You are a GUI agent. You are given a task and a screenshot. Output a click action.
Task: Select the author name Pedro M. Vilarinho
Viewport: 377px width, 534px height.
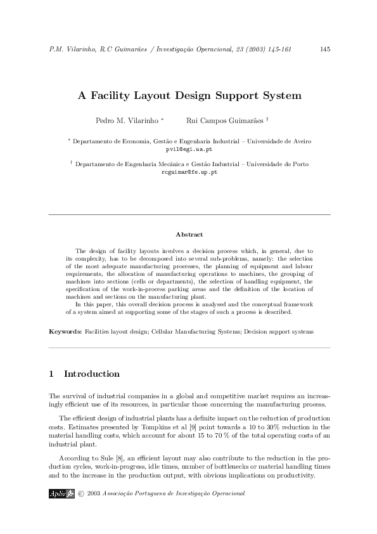pos(128,120)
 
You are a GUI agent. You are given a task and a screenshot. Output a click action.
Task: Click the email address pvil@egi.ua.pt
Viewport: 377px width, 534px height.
pos(189,148)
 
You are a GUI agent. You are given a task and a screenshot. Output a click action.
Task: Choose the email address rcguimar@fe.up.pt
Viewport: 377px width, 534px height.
pos(189,172)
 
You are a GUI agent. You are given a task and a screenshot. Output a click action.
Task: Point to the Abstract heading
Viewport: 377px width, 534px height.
pos(189,235)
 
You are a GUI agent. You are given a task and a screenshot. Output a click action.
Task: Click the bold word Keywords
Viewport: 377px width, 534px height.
pos(65,332)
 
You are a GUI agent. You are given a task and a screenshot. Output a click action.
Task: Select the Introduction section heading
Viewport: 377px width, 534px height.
pos(91,374)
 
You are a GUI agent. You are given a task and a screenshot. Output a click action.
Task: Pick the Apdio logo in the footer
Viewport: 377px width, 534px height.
pos(61,493)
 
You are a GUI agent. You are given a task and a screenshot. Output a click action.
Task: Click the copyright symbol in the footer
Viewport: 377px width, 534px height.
pos(80,493)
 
